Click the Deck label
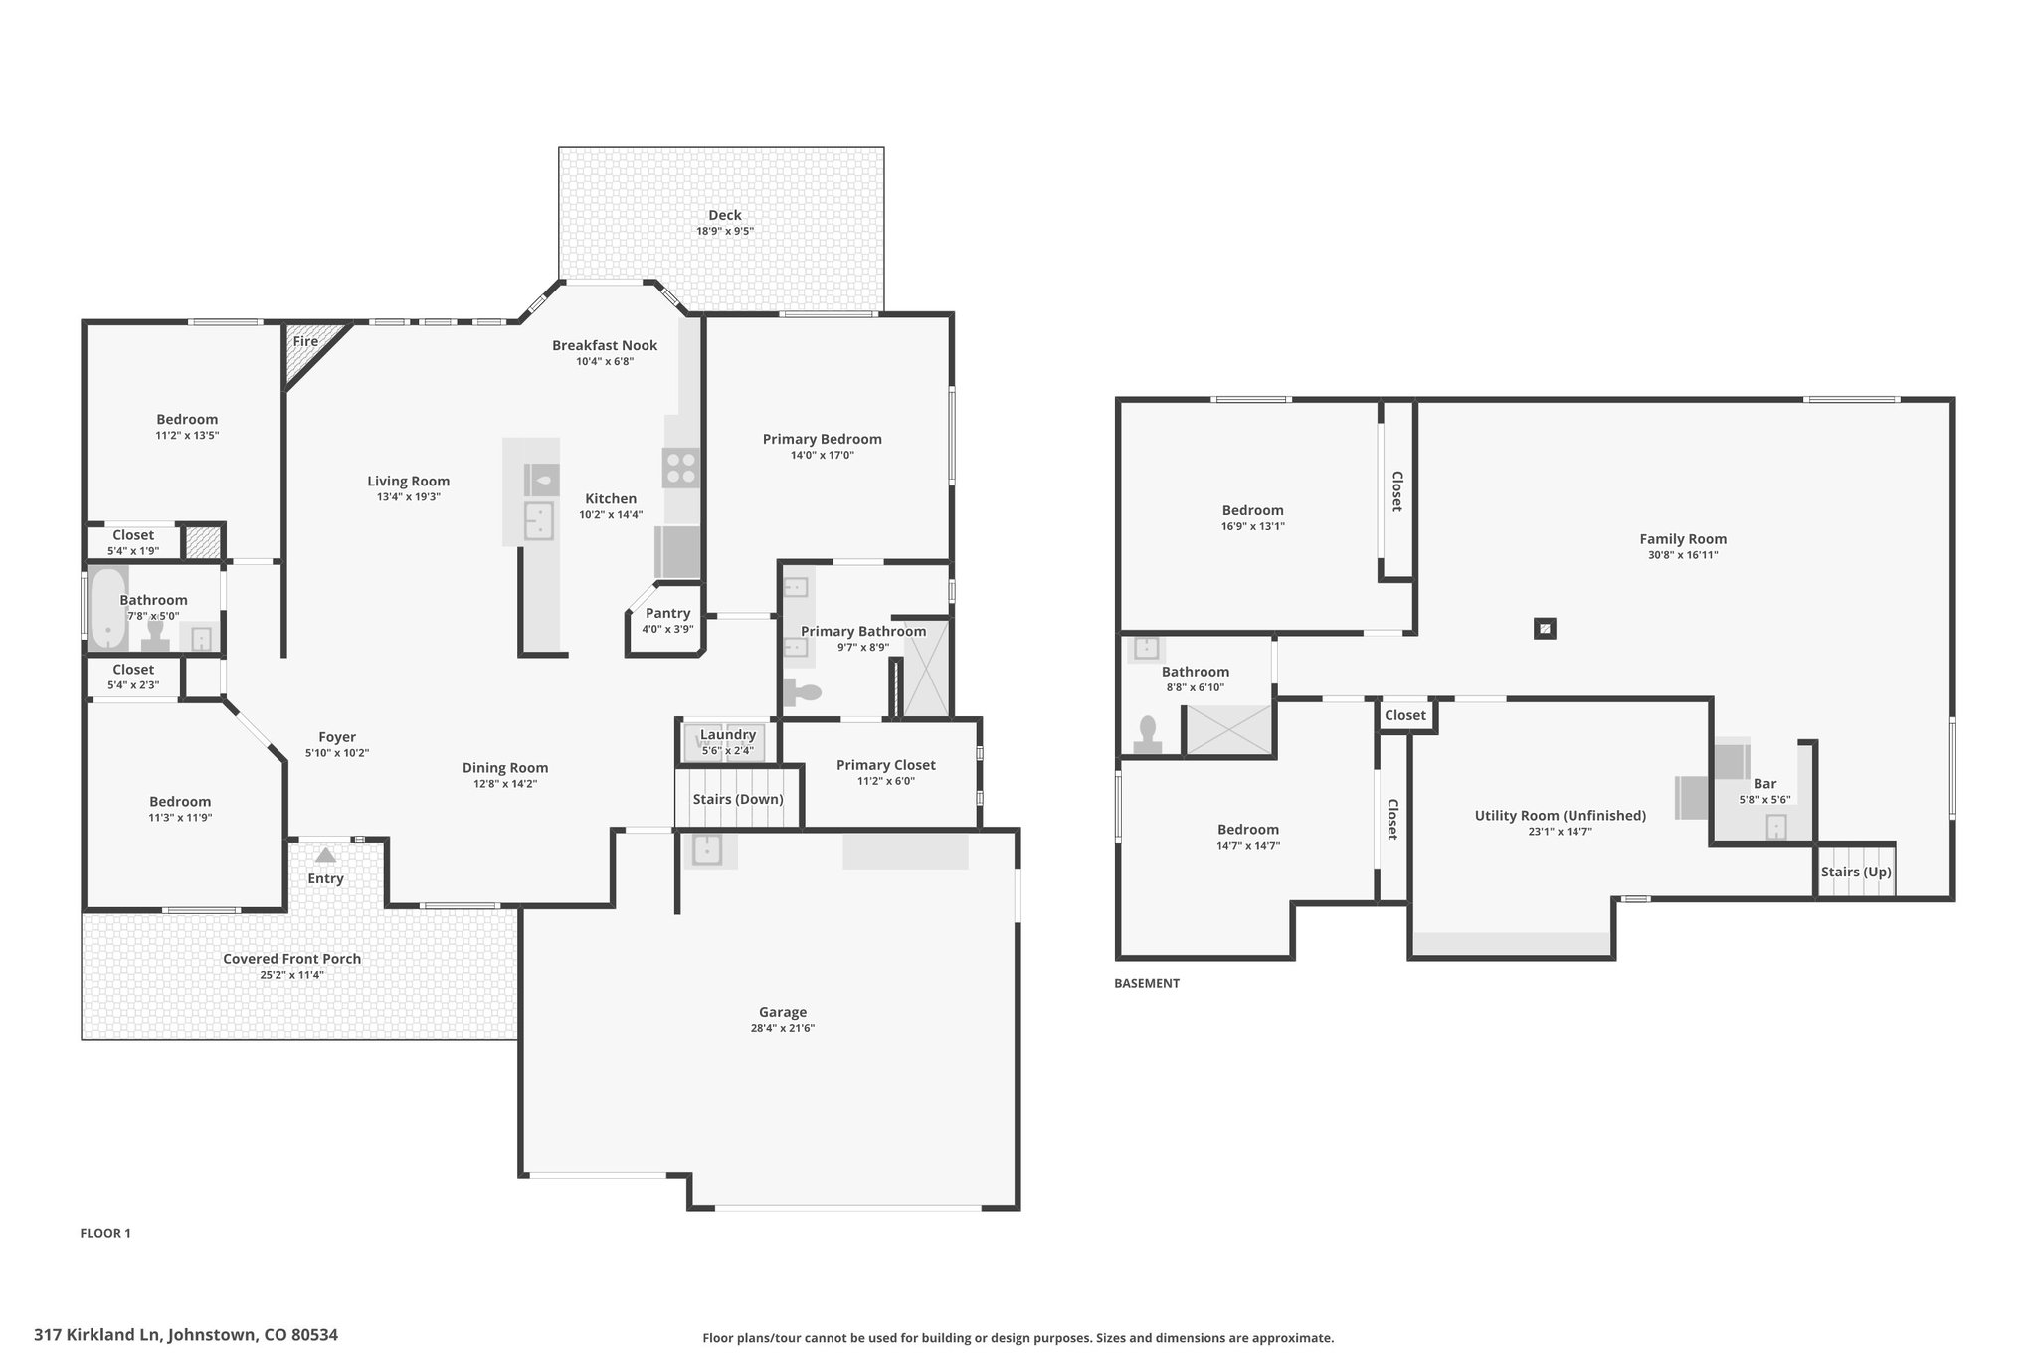[x=725, y=215]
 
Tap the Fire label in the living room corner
[x=305, y=341]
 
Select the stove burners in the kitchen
[x=681, y=468]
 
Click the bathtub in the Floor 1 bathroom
[x=107, y=609]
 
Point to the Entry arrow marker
[x=325, y=855]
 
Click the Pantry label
[x=667, y=613]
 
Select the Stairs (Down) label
[x=738, y=799]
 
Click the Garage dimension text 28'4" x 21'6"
[x=783, y=1028]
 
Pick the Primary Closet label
[x=886, y=765]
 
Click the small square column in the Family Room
[x=1545, y=629]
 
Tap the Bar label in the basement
[x=1764, y=784]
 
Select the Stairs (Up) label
[x=1856, y=872]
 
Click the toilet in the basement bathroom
[x=1148, y=736]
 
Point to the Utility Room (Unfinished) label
[x=1561, y=816]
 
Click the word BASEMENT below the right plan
[x=1147, y=983]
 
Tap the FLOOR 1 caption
[x=105, y=1233]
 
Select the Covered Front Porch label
[x=291, y=959]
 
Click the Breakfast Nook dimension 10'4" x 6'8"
[x=605, y=361]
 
